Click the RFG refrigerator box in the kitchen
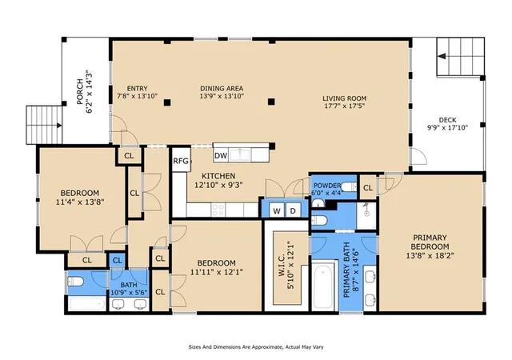point(181,160)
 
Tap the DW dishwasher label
point(221,156)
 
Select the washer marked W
point(277,210)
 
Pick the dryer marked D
point(293,210)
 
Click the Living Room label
point(345,98)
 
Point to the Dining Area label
point(222,88)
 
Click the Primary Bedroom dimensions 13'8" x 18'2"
point(430,255)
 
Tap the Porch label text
point(80,92)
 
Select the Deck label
point(447,120)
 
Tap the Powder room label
point(327,186)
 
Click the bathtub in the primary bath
point(323,286)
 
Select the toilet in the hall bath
point(76,281)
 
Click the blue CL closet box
point(117,260)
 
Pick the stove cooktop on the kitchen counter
point(218,210)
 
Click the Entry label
point(137,88)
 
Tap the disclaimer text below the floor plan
point(256,347)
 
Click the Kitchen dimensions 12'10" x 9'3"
point(218,186)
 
